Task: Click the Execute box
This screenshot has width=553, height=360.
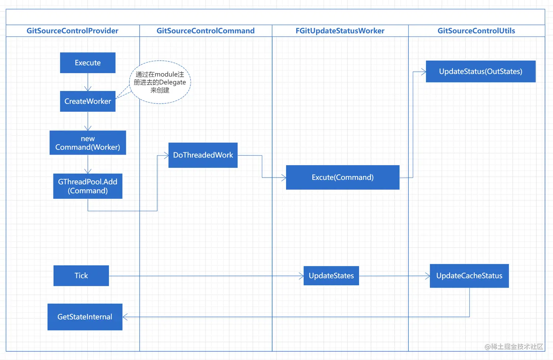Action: click(x=88, y=63)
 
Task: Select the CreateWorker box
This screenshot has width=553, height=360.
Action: click(x=88, y=101)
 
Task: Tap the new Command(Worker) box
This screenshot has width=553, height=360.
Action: click(x=88, y=143)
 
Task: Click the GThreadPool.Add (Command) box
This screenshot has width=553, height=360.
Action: click(x=88, y=186)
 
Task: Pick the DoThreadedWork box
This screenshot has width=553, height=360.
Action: click(x=203, y=155)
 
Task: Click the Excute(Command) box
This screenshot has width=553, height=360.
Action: click(x=342, y=177)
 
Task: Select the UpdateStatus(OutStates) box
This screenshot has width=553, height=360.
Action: click(x=481, y=72)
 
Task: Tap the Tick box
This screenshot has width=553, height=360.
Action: click(x=81, y=276)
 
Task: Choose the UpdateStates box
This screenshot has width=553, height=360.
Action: click(x=331, y=276)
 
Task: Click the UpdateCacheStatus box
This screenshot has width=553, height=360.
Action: click(x=469, y=276)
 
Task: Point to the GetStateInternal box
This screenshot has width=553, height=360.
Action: click(x=85, y=317)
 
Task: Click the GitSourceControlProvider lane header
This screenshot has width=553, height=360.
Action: click(x=72, y=31)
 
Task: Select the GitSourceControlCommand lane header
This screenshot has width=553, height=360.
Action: click(x=206, y=31)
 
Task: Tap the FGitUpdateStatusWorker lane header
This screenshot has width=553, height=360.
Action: click(x=340, y=31)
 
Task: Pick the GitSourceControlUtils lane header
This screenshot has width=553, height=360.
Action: click(x=476, y=31)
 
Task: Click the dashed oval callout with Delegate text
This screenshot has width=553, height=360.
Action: click(x=160, y=82)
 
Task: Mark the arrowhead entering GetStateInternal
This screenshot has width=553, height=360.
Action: click(x=125, y=317)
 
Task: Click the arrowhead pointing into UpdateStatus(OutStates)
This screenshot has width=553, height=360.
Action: click(x=423, y=72)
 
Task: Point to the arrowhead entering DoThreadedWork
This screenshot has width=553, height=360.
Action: click(x=166, y=155)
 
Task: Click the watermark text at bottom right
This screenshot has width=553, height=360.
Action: click(x=514, y=346)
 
